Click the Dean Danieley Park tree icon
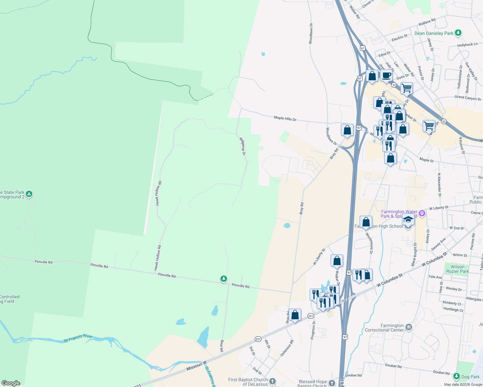458,33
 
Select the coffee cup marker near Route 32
386,76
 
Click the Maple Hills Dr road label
285,118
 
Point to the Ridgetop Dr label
242,146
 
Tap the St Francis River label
78,338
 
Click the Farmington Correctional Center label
384,328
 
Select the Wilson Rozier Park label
457,269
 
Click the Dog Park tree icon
456,376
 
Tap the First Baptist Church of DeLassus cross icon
272,382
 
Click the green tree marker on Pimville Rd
223,279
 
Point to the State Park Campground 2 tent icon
29,194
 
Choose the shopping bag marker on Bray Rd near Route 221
295,315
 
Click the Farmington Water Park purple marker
421,213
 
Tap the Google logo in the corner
11,383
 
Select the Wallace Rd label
427,22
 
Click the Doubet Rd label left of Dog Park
441,372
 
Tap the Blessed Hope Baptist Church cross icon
332,383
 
